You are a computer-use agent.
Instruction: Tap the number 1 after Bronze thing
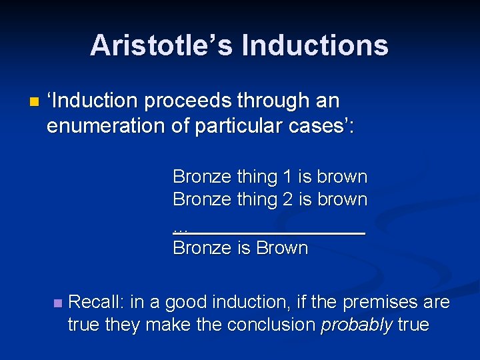pos(287,177)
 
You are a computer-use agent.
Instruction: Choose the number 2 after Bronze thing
pos(287,199)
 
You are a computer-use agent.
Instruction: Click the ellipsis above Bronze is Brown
pos(180,228)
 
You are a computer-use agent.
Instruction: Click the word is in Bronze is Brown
pos(243,249)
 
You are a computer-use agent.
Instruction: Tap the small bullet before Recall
pos(57,303)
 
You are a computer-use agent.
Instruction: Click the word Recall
pos(95,303)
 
